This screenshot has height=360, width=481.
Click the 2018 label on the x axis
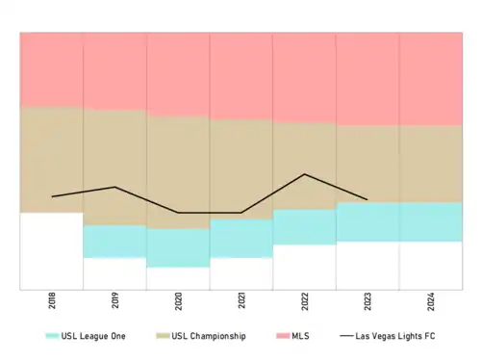pyautogui.click(x=52, y=300)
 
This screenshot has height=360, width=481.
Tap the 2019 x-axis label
pyautogui.click(x=115, y=300)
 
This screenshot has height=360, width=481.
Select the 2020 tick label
pyautogui.click(x=178, y=301)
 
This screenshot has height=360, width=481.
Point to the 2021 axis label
pyautogui.click(x=241, y=300)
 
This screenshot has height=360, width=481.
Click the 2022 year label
pyautogui.click(x=305, y=301)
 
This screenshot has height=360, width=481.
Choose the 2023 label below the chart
pyautogui.click(x=367, y=301)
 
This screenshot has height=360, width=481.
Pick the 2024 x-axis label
pyautogui.click(x=431, y=301)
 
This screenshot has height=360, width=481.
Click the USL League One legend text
pyautogui.click(x=93, y=336)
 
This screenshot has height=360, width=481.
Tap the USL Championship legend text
pyautogui.click(x=209, y=336)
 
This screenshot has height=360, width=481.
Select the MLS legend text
pyautogui.click(x=300, y=336)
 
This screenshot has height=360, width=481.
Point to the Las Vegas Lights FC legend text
pyautogui.click(x=395, y=336)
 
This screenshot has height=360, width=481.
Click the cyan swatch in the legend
pyautogui.click(x=52, y=336)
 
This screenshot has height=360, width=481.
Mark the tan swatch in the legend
pyautogui.click(x=163, y=336)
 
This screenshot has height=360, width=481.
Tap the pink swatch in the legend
pyautogui.click(x=283, y=336)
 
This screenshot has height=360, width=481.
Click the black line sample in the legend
pyautogui.click(x=346, y=336)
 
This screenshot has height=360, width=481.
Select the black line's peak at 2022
pyautogui.click(x=305, y=174)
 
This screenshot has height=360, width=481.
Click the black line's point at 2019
pyautogui.click(x=114, y=187)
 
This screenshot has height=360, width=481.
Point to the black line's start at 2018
pyautogui.click(x=52, y=196)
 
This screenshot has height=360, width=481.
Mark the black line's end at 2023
pyautogui.click(x=367, y=199)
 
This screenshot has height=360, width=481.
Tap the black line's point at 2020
pyautogui.click(x=178, y=213)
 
